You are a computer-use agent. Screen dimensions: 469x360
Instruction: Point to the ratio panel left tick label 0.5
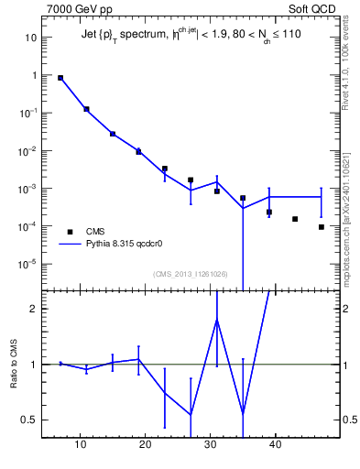pyautogui.click(x=29, y=420)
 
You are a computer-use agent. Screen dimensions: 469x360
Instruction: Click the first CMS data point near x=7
pyautogui.click(x=60, y=78)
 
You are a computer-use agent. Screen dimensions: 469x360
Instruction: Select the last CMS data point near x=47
pyautogui.click(x=322, y=227)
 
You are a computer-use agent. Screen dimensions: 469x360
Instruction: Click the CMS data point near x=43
pyautogui.click(x=295, y=219)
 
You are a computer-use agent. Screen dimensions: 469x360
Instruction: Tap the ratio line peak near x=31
pyautogui.click(x=217, y=320)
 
